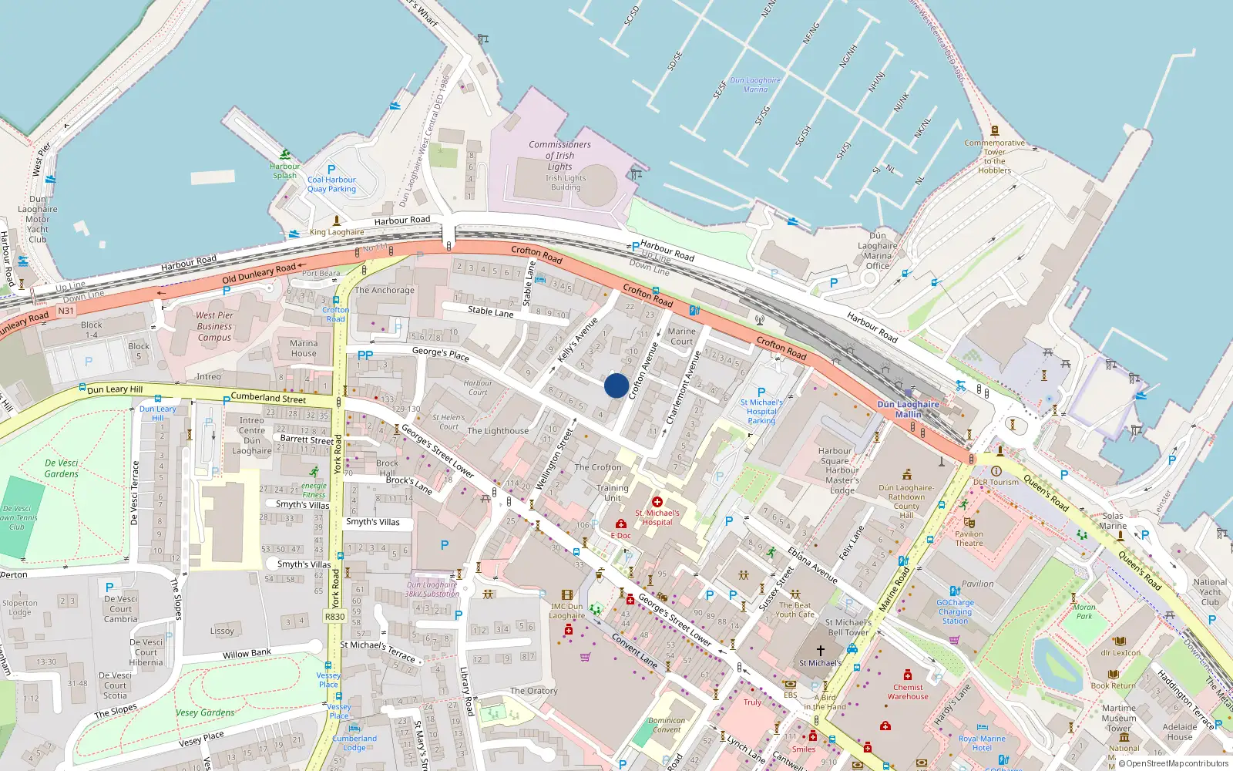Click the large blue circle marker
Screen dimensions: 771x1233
(616, 385)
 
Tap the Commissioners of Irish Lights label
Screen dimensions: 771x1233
(559, 155)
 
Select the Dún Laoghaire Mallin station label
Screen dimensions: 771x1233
(908, 409)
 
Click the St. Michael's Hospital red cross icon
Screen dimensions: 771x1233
(657, 502)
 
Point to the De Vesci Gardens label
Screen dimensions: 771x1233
(62, 468)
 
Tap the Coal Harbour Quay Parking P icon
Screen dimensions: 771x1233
(331, 170)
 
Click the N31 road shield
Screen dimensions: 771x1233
(66, 311)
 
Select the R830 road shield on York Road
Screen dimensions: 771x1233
(335, 616)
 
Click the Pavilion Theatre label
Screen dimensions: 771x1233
(969, 538)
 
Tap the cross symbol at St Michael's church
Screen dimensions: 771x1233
(821, 651)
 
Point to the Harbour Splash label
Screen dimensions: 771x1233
(284, 170)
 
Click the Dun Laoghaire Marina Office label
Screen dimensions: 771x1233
(877, 251)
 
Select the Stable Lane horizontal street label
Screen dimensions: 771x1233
(490, 311)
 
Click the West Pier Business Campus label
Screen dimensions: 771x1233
(214, 326)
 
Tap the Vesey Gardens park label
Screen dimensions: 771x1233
(205, 712)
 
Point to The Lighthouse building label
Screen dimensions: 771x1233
(498, 431)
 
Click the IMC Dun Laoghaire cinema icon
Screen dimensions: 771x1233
(567, 594)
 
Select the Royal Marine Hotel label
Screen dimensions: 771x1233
(981, 742)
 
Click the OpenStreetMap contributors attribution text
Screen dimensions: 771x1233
(1173, 763)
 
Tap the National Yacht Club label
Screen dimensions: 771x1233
(1210, 592)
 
